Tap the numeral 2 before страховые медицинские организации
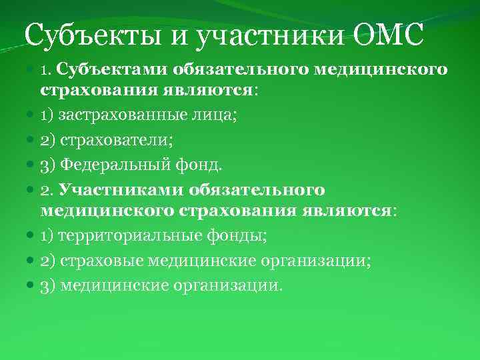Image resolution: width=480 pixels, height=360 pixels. click(x=45, y=261)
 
